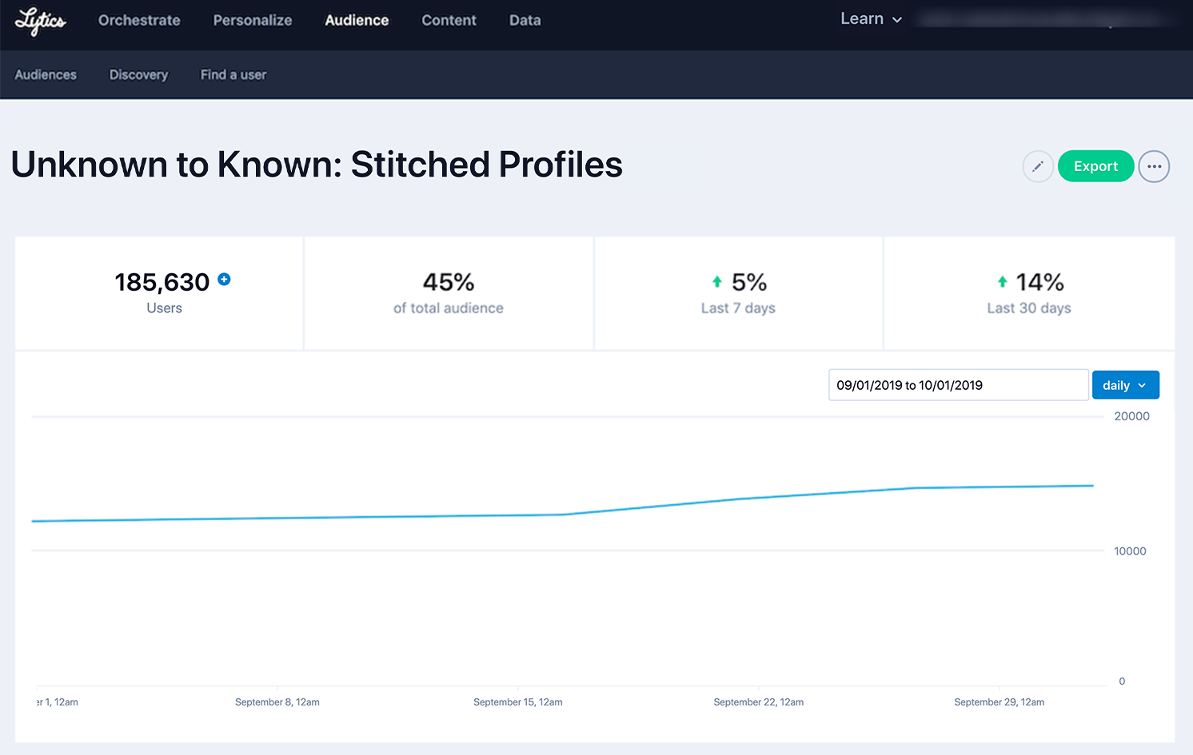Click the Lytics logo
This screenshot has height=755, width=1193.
[40, 21]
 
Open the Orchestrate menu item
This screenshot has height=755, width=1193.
[139, 21]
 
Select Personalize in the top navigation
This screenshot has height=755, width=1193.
[253, 21]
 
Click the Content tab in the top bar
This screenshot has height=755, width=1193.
[449, 21]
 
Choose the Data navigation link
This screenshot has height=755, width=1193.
[525, 21]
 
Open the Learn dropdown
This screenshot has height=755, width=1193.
[871, 19]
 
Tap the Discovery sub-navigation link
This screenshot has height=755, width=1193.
[138, 75]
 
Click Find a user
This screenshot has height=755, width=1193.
[233, 75]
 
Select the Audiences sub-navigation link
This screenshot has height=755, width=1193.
[46, 75]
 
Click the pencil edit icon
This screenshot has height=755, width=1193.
[1037, 167]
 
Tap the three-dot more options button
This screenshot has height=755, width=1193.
[1154, 167]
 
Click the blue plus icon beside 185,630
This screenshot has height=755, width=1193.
[225, 280]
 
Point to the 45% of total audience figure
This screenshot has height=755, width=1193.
[449, 283]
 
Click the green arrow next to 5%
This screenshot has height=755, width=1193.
[717, 282]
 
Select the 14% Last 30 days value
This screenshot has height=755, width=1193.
[1039, 283]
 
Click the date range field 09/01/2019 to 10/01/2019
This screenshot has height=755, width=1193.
[958, 385]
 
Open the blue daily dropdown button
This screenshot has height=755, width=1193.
[1125, 385]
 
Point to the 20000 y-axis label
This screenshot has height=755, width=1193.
[1131, 416]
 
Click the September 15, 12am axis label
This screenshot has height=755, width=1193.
[517, 702]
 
